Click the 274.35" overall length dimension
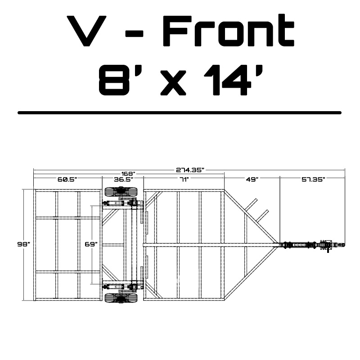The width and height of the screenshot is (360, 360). tap(190, 170)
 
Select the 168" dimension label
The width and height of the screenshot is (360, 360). tap(128, 173)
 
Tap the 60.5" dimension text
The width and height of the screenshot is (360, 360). tap(67, 179)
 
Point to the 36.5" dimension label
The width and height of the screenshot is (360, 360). tap(123, 179)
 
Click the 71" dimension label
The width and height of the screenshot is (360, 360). tap(184, 179)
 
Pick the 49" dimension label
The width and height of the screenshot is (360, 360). tap(252, 179)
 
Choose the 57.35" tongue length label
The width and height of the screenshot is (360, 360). tap(313, 179)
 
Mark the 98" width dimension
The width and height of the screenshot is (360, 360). tap(24, 244)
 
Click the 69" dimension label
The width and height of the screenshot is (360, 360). tap(91, 244)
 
